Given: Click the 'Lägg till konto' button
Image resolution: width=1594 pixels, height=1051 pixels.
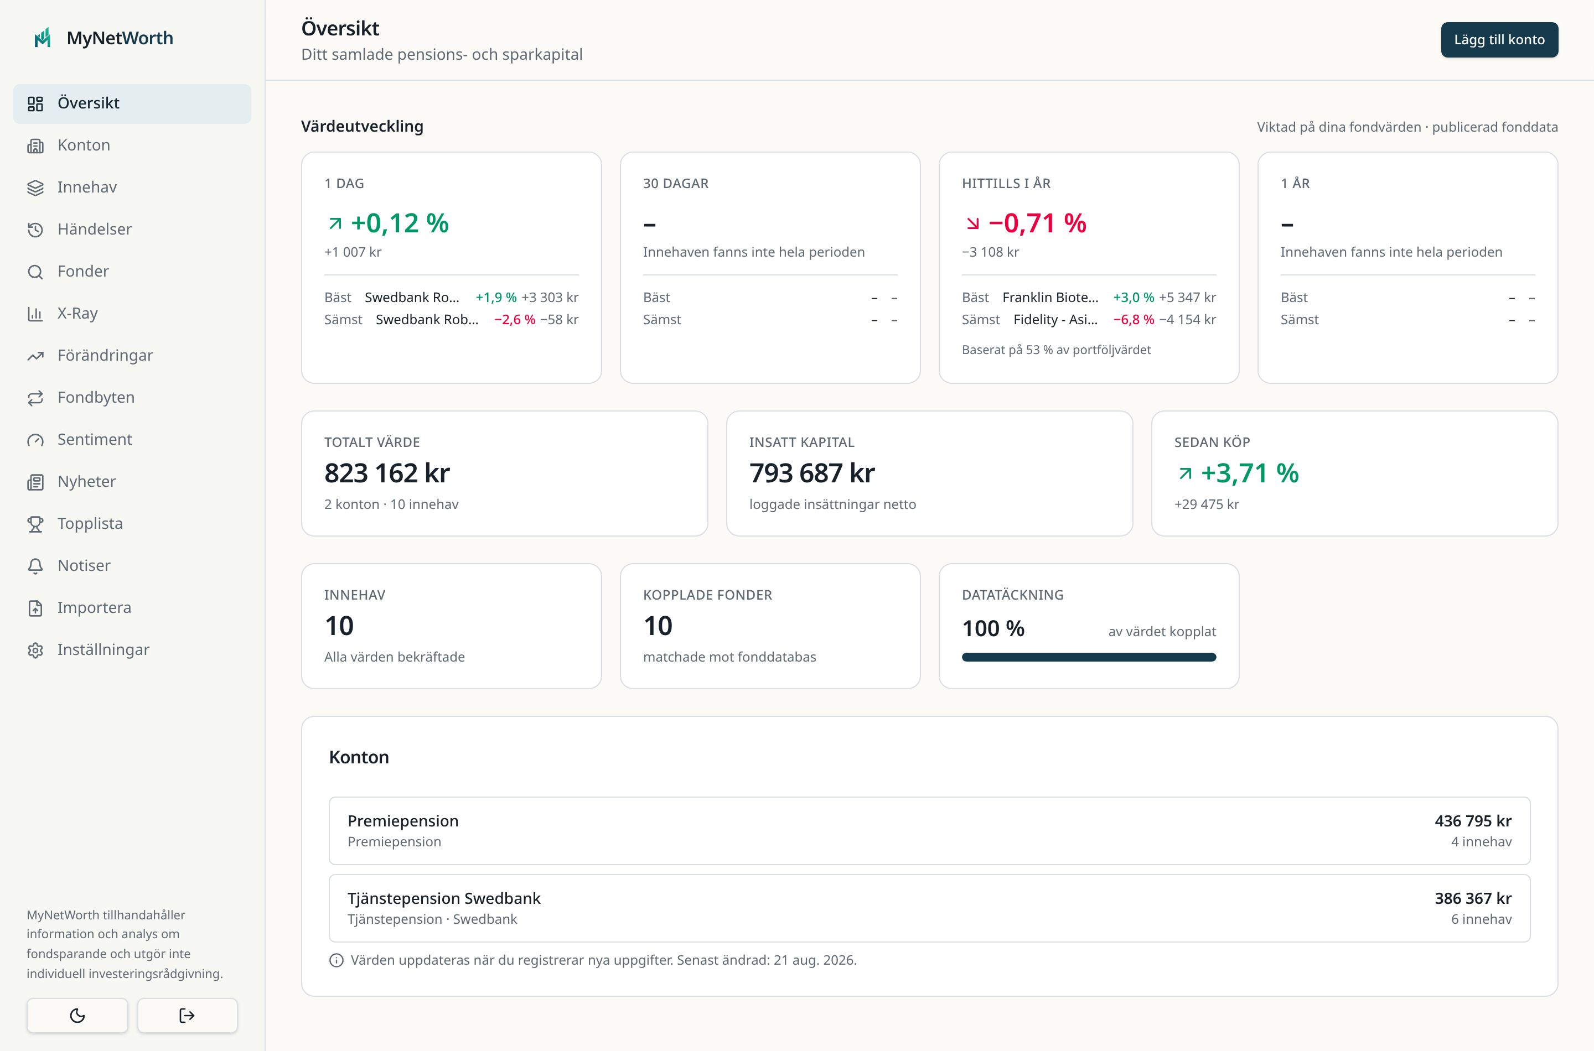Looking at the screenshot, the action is (x=1499, y=39).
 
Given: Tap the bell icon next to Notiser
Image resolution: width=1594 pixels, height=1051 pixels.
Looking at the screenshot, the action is (x=35, y=566).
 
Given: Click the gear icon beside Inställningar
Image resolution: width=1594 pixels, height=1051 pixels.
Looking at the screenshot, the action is (x=35, y=650).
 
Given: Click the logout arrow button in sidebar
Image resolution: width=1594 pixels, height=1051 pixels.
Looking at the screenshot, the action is (x=187, y=1016).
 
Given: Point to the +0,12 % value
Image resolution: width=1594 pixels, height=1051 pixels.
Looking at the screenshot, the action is (x=400, y=222).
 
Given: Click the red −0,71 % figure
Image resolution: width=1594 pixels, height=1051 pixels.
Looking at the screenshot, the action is (x=1037, y=222).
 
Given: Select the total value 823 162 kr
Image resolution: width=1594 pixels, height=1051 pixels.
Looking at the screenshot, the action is (x=387, y=473).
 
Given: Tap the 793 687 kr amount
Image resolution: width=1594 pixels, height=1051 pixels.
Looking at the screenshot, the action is (x=811, y=473).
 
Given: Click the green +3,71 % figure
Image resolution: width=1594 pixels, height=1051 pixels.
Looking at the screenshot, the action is (x=1249, y=473).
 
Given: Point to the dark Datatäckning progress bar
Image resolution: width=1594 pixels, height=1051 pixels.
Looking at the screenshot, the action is (x=1088, y=657).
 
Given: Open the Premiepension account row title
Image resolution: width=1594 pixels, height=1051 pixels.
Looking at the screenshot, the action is (x=403, y=820).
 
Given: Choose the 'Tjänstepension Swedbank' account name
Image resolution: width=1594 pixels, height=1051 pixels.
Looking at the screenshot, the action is (x=444, y=898).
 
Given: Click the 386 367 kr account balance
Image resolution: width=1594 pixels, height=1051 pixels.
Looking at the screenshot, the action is (x=1473, y=898).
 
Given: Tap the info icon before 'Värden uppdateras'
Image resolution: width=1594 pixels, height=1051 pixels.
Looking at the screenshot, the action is (x=337, y=960).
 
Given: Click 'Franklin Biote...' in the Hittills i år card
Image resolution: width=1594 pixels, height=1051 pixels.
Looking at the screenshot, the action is (x=1050, y=297).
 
